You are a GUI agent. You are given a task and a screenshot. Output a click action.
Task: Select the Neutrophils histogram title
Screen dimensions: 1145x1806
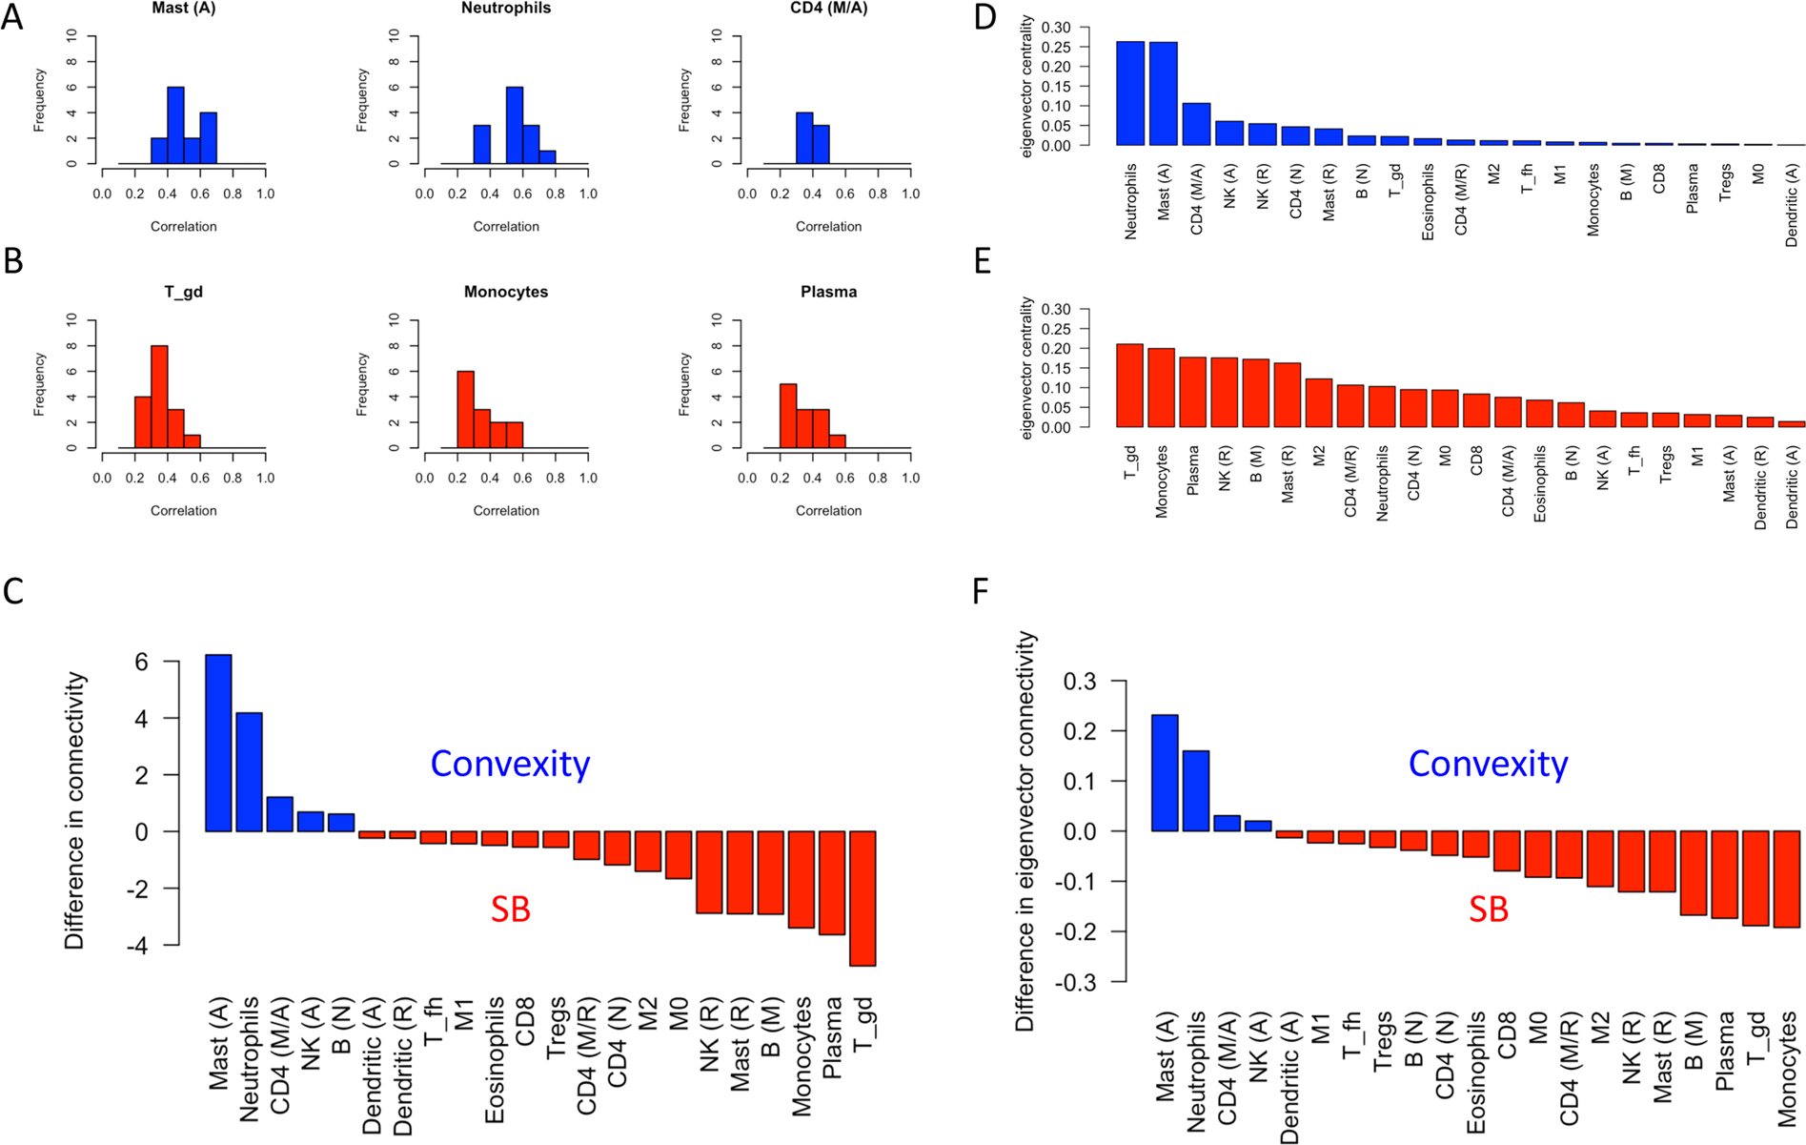click(505, 9)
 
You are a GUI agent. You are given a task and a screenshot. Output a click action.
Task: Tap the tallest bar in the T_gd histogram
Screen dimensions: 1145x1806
click(159, 396)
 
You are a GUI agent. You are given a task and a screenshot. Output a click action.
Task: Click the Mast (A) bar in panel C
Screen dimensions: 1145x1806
click(218, 743)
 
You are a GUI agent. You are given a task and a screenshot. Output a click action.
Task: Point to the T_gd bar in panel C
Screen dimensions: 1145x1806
click(862, 898)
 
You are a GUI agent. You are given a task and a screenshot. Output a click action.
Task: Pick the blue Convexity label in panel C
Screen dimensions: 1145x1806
click(510, 764)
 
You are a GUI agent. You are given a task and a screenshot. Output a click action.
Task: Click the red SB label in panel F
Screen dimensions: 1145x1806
click(1488, 910)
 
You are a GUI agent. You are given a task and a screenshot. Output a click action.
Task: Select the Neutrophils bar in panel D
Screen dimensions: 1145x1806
click(1130, 93)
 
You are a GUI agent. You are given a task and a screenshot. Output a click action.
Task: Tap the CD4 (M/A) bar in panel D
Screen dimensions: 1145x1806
click(1196, 124)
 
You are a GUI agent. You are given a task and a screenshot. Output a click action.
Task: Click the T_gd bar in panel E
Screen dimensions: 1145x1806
click(1129, 385)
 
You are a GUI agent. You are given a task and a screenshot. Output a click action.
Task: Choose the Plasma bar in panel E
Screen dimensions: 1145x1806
click(1192, 392)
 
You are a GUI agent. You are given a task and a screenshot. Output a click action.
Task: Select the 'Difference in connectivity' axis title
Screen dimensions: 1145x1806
click(74, 811)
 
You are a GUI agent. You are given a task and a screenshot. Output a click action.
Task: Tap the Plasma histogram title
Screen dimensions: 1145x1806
click(828, 292)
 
